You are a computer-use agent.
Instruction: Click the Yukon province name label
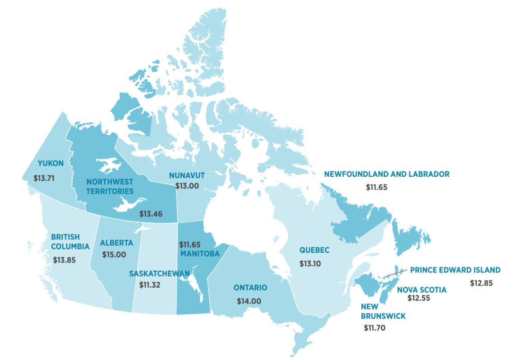click(51, 164)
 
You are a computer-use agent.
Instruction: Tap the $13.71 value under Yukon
click(44, 178)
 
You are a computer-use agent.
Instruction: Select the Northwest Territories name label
click(111, 186)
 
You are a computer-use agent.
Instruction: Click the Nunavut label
click(187, 175)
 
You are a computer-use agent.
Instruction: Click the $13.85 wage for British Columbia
click(65, 260)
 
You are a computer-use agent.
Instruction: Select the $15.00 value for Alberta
click(114, 254)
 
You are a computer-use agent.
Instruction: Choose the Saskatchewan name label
click(159, 274)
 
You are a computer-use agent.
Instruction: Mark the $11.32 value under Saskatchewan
click(150, 285)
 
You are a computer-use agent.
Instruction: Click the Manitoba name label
click(200, 254)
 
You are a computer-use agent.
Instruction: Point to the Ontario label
click(250, 287)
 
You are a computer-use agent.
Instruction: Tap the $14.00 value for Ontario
click(249, 301)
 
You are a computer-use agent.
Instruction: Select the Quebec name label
click(314, 250)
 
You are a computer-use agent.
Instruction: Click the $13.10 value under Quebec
click(310, 263)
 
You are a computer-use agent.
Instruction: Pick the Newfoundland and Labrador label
click(387, 174)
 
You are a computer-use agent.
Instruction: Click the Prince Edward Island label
click(455, 270)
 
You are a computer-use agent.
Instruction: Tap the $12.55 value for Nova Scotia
click(419, 298)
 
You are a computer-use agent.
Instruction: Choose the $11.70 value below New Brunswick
click(374, 328)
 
